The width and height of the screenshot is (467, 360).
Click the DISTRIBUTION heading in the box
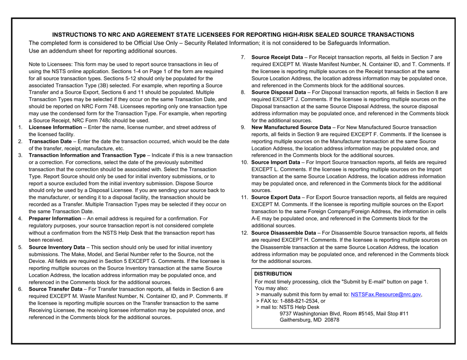click(273, 274)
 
